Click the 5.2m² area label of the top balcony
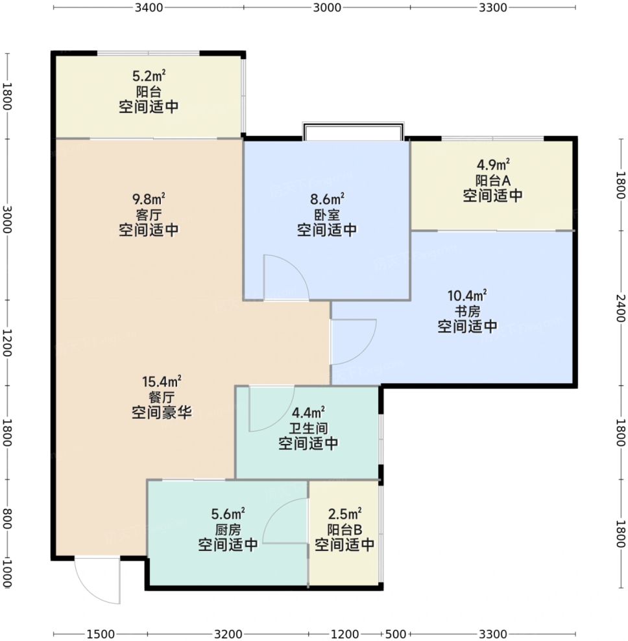pyautogui.click(x=149, y=76)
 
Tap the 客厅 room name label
pyautogui.click(x=149, y=215)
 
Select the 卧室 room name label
pyautogui.click(x=327, y=215)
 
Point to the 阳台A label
pyautogui.click(x=492, y=180)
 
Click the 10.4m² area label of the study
pyautogui.click(x=467, y=295)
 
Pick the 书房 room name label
pyautogui.click(x=467, y=312)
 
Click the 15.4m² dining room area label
pyautogui.click(x=162, y=382)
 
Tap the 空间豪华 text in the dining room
pyautogui.click(x=162, y=412)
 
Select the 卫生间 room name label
pyautogui.click(x=308, y=428)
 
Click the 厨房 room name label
pyautogui.click(x=228, y=530)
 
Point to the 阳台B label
pyautogui.click(x=344, y=530)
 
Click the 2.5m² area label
pyautogui.click(x=344, y=513)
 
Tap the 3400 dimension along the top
pyautogui.click(x=149, y=7)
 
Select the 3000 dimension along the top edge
pyautogui.click(x=327, y=7)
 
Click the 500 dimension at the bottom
pyautogui.click(x=396, y=634)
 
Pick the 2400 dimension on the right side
pyautogui.click(x=621, y=308)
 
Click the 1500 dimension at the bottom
pyautogui.click(x=101, y=634)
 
